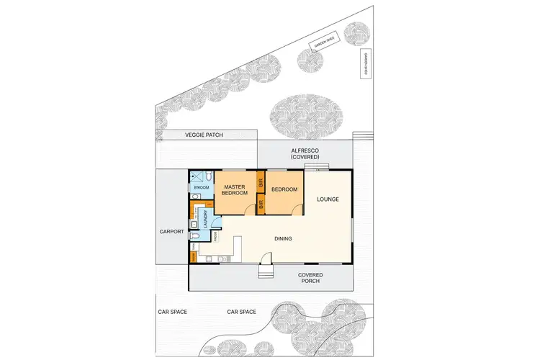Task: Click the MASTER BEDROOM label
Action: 235,190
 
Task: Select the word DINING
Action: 282,238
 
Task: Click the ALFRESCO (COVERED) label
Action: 305,153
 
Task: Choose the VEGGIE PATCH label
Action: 203,135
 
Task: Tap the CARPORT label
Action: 172,232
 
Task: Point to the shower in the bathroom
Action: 196,176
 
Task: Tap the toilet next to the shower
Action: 207,176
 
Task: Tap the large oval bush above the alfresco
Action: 305,115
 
